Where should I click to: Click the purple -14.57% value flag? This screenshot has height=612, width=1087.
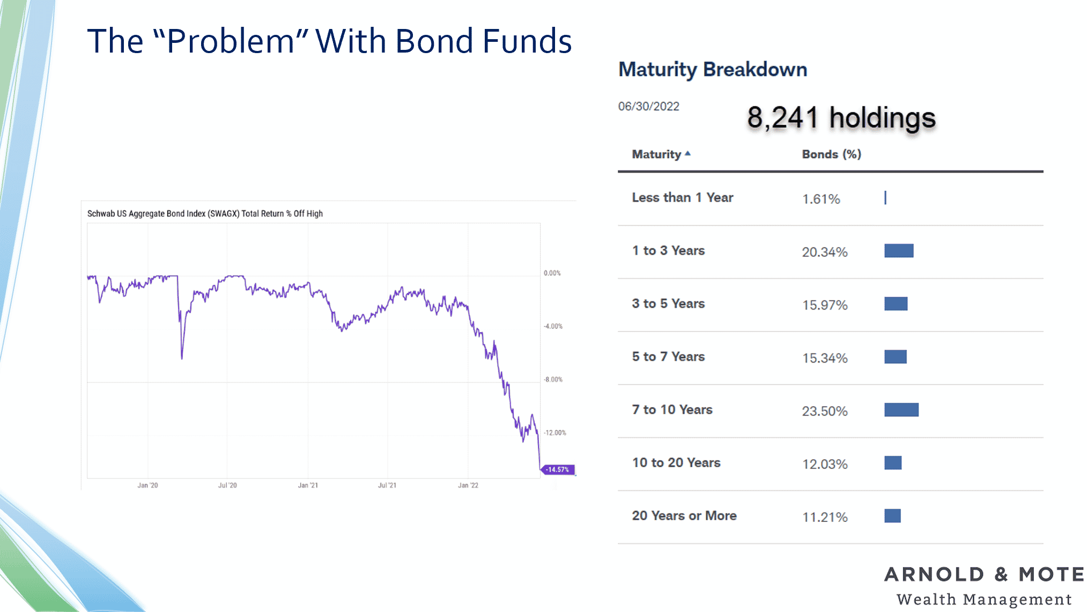click(558, 470)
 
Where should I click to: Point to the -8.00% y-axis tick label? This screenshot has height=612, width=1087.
click(553, 380)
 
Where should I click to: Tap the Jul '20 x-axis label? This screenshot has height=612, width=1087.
click(227, 485)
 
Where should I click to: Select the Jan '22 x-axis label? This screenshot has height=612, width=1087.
click(468, 485)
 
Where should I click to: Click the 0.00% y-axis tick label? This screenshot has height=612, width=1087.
click(552, 273)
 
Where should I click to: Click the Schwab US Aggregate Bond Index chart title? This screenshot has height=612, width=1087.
click(205, 213)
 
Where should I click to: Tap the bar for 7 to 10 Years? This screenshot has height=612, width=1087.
click(901, 410)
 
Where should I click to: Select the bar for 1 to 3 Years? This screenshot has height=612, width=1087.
click(899, 251)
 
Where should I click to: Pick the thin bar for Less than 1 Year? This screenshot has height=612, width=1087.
click(885, 198)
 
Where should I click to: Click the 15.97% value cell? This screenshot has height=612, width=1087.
click(825, 305)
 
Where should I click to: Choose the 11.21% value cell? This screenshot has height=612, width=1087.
click(825, 517)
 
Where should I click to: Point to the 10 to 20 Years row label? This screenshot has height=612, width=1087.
click(676, 462)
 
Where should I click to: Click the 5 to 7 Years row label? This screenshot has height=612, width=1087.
click(668, 357)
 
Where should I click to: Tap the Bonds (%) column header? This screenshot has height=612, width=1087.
click(831, 154)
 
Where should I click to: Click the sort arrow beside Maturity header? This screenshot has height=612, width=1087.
click(687, 154)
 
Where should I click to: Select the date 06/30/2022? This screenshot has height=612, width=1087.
click(648, 106)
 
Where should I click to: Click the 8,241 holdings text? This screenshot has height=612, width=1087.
click(841, 118)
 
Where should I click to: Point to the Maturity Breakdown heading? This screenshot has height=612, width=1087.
click(713, 70)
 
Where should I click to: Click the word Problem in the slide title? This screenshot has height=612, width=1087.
click(231, 41)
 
